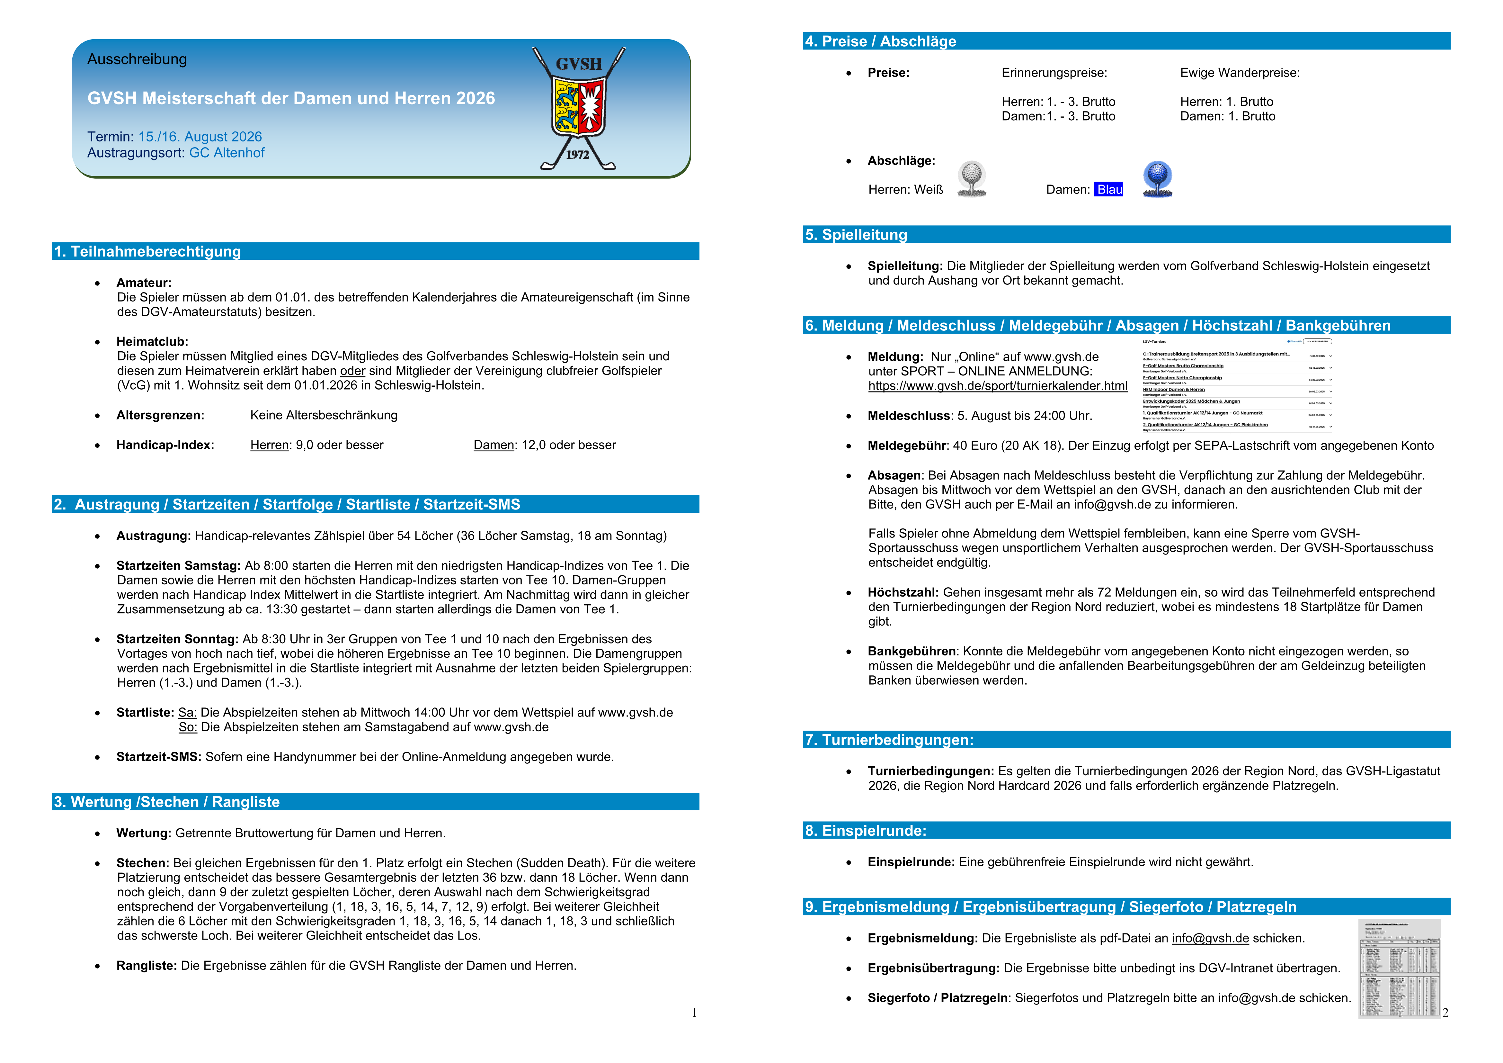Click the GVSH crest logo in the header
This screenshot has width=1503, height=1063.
point(579,105)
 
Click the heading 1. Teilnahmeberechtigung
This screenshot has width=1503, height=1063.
point(148,251)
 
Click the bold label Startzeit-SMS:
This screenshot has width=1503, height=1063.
point(158,757)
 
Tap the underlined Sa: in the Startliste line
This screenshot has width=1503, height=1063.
point(187,713)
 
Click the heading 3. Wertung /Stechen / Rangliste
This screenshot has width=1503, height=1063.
point(167,802)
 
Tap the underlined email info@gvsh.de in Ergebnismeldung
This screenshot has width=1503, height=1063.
point(1210,939)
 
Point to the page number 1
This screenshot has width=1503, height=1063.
point(694,1013)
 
